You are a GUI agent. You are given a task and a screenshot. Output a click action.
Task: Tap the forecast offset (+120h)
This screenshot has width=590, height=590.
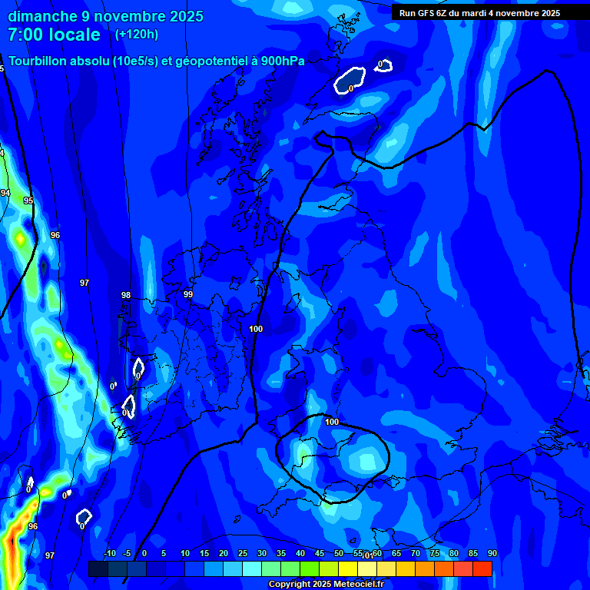[136, 34]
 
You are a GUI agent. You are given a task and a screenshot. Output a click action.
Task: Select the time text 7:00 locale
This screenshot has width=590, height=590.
[54, 35]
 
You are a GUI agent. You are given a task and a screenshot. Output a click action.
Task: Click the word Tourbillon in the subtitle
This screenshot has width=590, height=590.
[38, 61]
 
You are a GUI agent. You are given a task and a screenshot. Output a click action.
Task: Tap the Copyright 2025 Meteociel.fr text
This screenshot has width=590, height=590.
[326, 585]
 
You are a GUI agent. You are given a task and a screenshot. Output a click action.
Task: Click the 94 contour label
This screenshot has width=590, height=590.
[5, 193]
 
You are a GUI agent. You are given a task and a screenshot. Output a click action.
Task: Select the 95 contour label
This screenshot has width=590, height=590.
[28, 201]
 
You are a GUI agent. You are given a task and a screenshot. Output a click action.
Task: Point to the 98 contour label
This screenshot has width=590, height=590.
[126, 296]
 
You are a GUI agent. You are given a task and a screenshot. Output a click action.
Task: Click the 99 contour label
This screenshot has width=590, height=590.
[188, 294]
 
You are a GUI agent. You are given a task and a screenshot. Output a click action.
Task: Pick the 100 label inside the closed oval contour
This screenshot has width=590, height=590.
[332, 422]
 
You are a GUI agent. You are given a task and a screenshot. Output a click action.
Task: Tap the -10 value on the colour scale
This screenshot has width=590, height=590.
[109, 554]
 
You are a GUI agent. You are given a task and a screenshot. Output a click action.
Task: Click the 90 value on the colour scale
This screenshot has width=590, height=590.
[492, 554]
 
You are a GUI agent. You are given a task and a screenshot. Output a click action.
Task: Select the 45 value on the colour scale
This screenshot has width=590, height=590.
[319, 554]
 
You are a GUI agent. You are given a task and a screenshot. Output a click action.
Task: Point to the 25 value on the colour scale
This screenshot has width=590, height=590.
[243, 554]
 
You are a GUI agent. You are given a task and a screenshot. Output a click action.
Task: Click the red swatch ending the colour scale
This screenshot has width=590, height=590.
[482, 568]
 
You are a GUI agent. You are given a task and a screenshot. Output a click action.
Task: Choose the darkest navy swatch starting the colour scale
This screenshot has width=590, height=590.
[98, 568]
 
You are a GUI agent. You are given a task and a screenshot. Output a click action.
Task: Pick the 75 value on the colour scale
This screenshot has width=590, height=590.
[434, 554]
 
